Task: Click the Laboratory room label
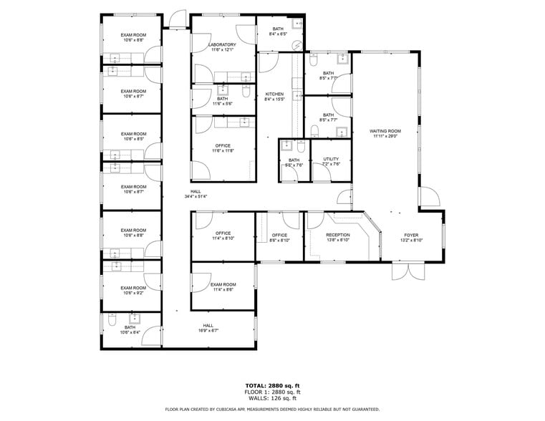pos(222,44)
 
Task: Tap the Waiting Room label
pos(385,131)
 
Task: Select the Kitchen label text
pos(275,95)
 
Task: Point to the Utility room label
pos(331,159)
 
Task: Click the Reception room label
pos(338,235)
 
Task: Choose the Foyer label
pos(411,235)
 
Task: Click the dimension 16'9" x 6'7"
pos(208,330)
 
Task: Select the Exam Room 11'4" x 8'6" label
pos(223,284)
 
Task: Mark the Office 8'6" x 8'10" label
pos(279,235)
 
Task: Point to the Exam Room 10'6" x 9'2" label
pos(133,288)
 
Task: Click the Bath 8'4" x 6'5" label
pos(278,29)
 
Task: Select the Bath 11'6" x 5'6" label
pos(223,99)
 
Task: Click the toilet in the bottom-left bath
pos(112,323)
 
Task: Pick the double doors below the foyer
pos(406,272)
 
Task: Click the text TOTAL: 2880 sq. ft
pos(272,385)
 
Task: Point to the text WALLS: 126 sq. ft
pos(272,398)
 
